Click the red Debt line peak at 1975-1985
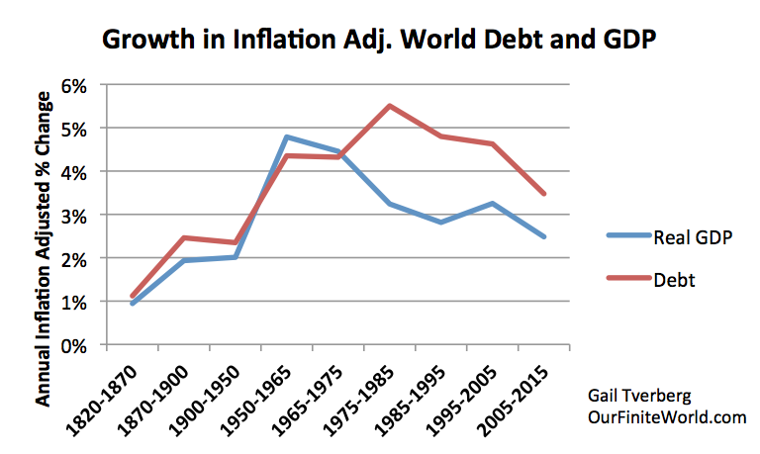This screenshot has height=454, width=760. [x=391, y=106]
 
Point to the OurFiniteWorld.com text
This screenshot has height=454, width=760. [x=665, y=417]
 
